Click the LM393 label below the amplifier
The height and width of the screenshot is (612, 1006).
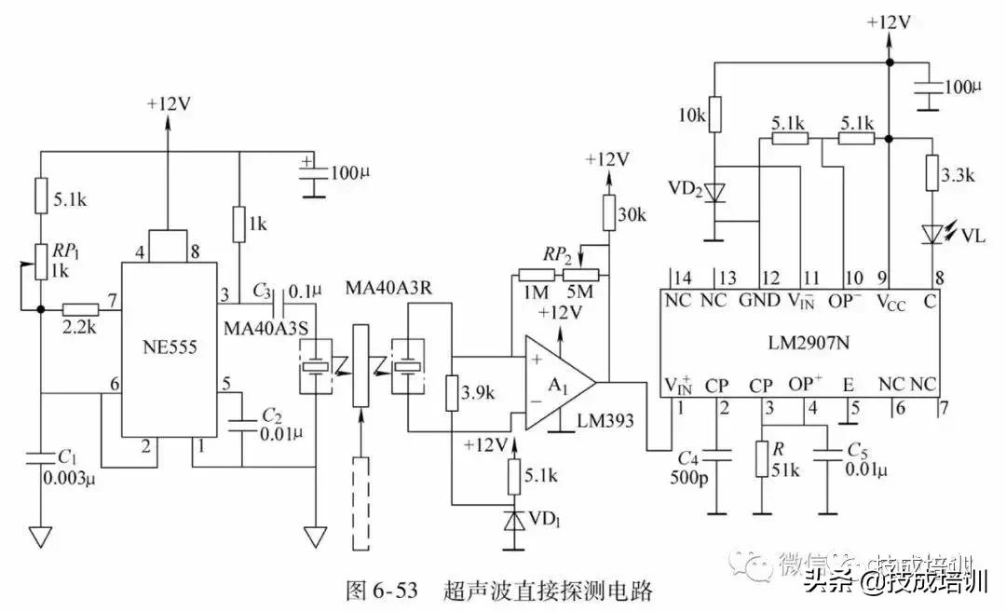(605, 420)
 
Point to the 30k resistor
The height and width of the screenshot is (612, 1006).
(609, 213)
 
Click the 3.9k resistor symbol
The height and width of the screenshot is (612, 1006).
(452, 392)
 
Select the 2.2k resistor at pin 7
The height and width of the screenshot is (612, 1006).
(81, 308)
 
